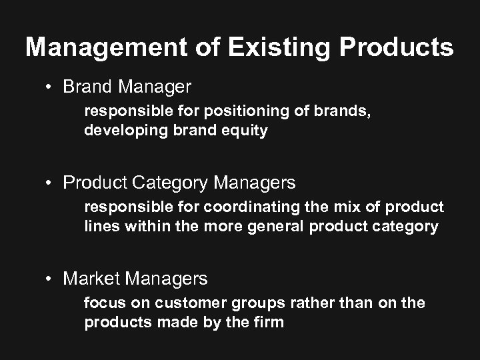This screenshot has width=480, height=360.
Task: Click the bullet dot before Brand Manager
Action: pos(50,87)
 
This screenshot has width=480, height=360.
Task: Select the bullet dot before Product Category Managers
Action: pos(50,183)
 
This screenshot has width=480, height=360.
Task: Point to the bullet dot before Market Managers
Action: pos(50,279)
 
